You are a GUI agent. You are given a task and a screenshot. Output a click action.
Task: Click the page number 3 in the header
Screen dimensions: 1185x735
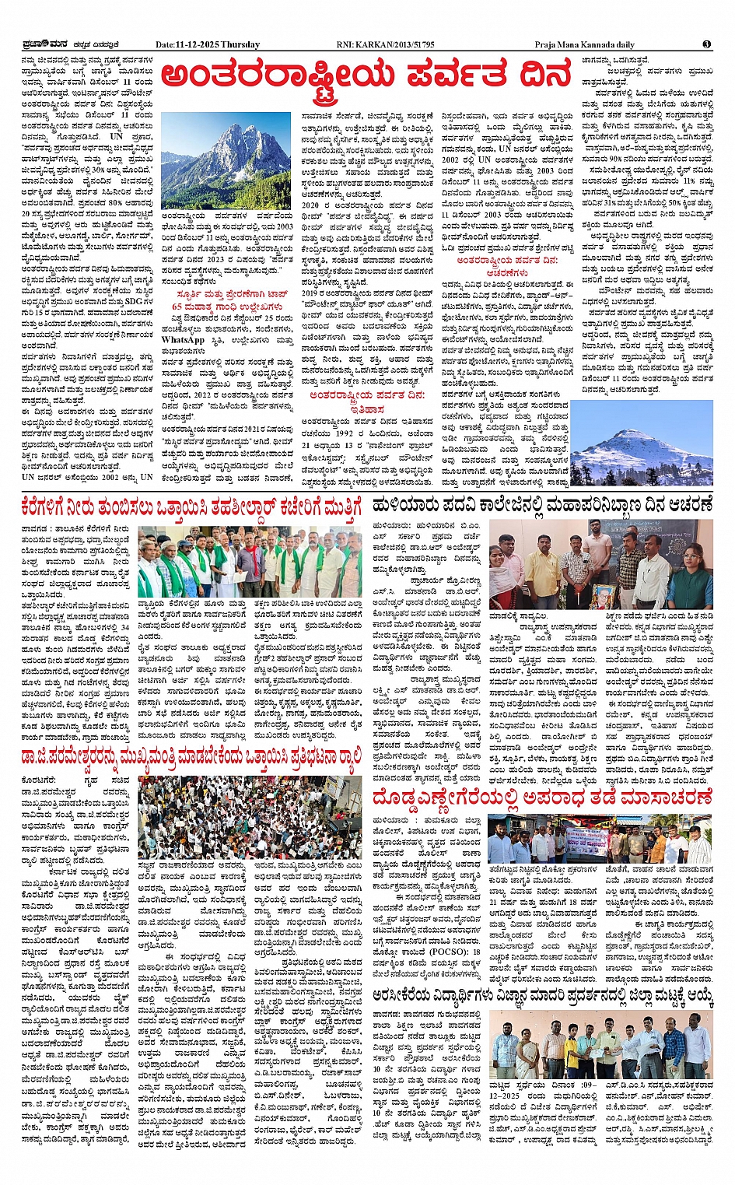706,44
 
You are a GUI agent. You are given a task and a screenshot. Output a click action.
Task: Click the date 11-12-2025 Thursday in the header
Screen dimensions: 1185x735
207,45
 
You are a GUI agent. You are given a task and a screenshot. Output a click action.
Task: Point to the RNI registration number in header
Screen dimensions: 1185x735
385,45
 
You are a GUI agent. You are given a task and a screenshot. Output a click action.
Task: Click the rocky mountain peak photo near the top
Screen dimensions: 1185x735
214,161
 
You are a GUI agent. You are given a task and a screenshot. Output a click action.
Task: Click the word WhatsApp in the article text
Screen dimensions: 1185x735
183,339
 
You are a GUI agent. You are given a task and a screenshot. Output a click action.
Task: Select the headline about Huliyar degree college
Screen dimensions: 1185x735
542,506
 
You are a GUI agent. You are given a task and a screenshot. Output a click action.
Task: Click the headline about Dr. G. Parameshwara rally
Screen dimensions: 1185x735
192,756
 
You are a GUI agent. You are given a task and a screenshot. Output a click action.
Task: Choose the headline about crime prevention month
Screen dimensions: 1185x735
542,798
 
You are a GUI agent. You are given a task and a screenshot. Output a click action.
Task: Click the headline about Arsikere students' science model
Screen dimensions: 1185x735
542,994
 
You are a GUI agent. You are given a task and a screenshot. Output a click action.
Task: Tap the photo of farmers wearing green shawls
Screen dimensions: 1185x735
249,561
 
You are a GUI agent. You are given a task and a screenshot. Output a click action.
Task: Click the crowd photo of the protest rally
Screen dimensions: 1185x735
249,817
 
